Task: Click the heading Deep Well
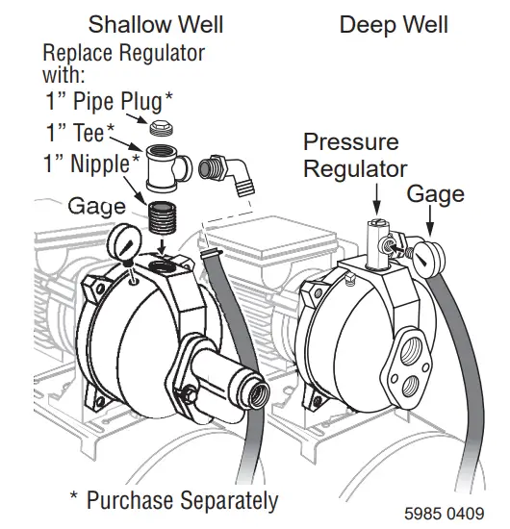coord(395,23)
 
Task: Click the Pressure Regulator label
coord(351,156)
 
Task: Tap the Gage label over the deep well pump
coord(434,194)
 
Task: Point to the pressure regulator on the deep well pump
coord(375,243)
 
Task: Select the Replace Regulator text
coord(123,62)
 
